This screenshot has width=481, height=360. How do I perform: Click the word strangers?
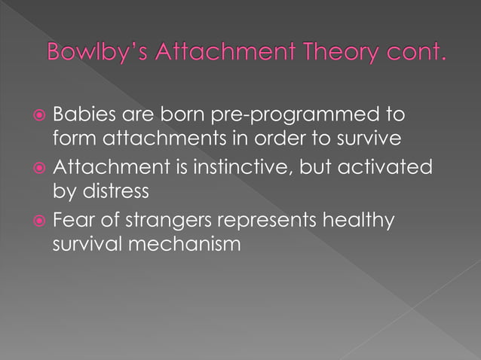coord(164,223)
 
